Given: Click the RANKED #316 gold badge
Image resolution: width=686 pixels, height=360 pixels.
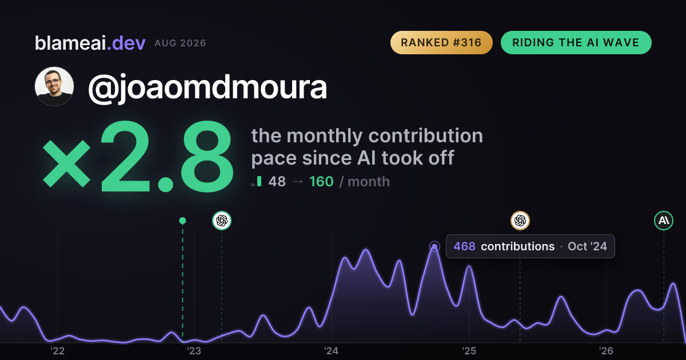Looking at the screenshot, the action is click(441, 42).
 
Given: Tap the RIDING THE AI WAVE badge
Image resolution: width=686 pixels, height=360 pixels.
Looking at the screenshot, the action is click(576, 42).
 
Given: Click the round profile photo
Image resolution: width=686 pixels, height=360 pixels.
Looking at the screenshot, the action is click(54, 86).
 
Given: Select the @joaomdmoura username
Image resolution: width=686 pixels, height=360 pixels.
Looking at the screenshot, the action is click(208, 87).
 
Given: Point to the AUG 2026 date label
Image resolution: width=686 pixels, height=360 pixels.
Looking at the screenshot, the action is click(180, 43).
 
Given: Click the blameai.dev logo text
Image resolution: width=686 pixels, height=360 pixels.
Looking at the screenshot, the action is click(90, 43).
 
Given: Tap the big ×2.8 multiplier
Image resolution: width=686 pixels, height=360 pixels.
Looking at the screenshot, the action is click(138, 156).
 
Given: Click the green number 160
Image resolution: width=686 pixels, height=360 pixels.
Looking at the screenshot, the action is click(321, 182).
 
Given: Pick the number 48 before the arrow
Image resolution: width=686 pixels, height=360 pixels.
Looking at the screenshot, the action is click(277, 182).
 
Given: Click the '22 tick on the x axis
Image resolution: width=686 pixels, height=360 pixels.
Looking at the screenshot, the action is click(57, 351).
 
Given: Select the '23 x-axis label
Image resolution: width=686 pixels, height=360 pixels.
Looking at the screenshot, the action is click(194, 351).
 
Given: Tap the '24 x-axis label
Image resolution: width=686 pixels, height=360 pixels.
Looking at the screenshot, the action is click(332, 351).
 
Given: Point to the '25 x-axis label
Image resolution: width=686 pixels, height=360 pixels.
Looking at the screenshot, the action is click(469, 351).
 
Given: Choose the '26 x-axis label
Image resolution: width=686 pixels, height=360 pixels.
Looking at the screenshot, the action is click(606, 351).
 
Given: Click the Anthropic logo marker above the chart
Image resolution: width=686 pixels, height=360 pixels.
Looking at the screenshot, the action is click(664, 221).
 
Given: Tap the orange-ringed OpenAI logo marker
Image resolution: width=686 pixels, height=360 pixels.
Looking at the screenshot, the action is click(520, 221).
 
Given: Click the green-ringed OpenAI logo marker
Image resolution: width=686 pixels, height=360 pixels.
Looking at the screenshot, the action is click(222, 221).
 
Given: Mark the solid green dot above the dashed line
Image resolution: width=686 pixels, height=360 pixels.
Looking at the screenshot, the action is click(182, 221).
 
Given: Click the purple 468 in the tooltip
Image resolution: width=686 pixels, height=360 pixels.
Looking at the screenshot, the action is click(464, 246).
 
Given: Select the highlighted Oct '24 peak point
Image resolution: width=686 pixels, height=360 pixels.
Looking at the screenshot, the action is click(434, 246).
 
